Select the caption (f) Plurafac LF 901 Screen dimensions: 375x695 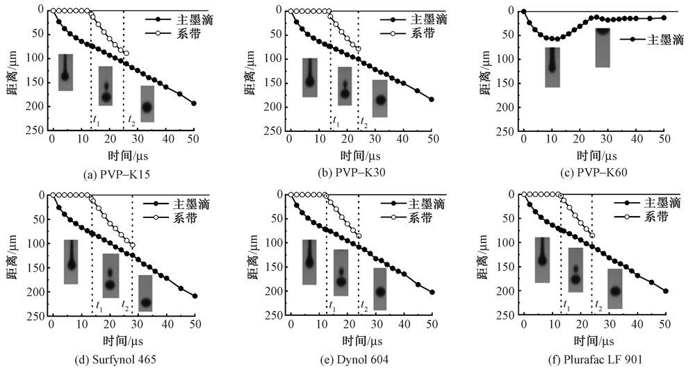[587, 359]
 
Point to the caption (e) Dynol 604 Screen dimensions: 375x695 [352, 359]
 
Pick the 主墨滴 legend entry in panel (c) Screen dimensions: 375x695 [645, 40]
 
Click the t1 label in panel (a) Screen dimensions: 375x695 [97, 119]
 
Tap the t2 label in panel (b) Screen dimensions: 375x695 [363, 121]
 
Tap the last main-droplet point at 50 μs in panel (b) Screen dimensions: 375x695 [432, 99]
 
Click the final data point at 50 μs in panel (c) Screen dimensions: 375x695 [664, 17]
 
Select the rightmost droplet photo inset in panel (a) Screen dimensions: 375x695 [147, 103]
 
